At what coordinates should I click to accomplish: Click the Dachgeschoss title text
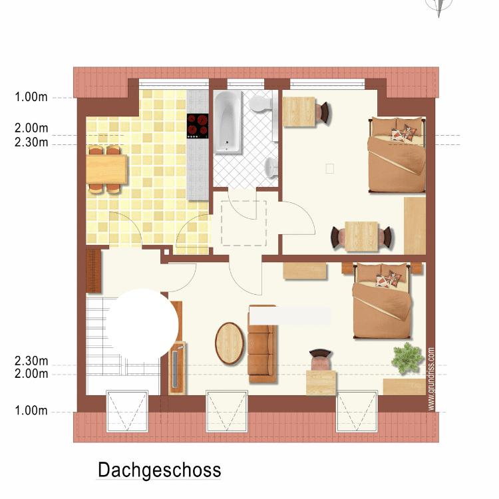[159, 470]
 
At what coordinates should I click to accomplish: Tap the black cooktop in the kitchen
[198, 126]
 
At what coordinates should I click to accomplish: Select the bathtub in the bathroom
[228, 122]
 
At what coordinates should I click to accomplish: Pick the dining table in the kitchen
[106, 169]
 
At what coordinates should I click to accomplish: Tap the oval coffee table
[230, 343]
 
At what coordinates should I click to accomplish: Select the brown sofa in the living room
[262, 344]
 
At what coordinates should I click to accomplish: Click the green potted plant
[407, 358]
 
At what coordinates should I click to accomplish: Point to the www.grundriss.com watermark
[431, 379]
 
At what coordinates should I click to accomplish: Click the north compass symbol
[439, 7]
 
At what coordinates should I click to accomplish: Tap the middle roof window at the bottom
[227, 411]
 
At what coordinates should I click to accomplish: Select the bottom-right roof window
[357, 411]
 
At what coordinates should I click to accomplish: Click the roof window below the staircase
[127, 411]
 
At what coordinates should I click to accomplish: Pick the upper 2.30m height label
[31, 142]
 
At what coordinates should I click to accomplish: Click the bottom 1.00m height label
[31, 411]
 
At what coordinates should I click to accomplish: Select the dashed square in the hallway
[244, 223]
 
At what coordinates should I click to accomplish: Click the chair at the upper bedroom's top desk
[324, 112]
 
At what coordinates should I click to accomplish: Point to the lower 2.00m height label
[31, 374]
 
